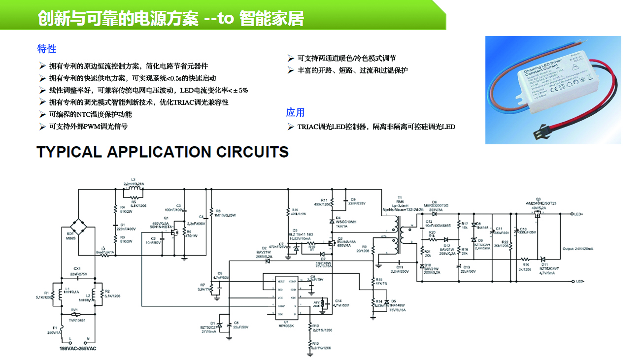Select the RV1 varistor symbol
[75, 314]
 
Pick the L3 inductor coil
[134, 188]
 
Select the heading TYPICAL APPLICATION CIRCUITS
[163, 152]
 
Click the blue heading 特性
[47, 49]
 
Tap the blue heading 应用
[295, 112]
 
